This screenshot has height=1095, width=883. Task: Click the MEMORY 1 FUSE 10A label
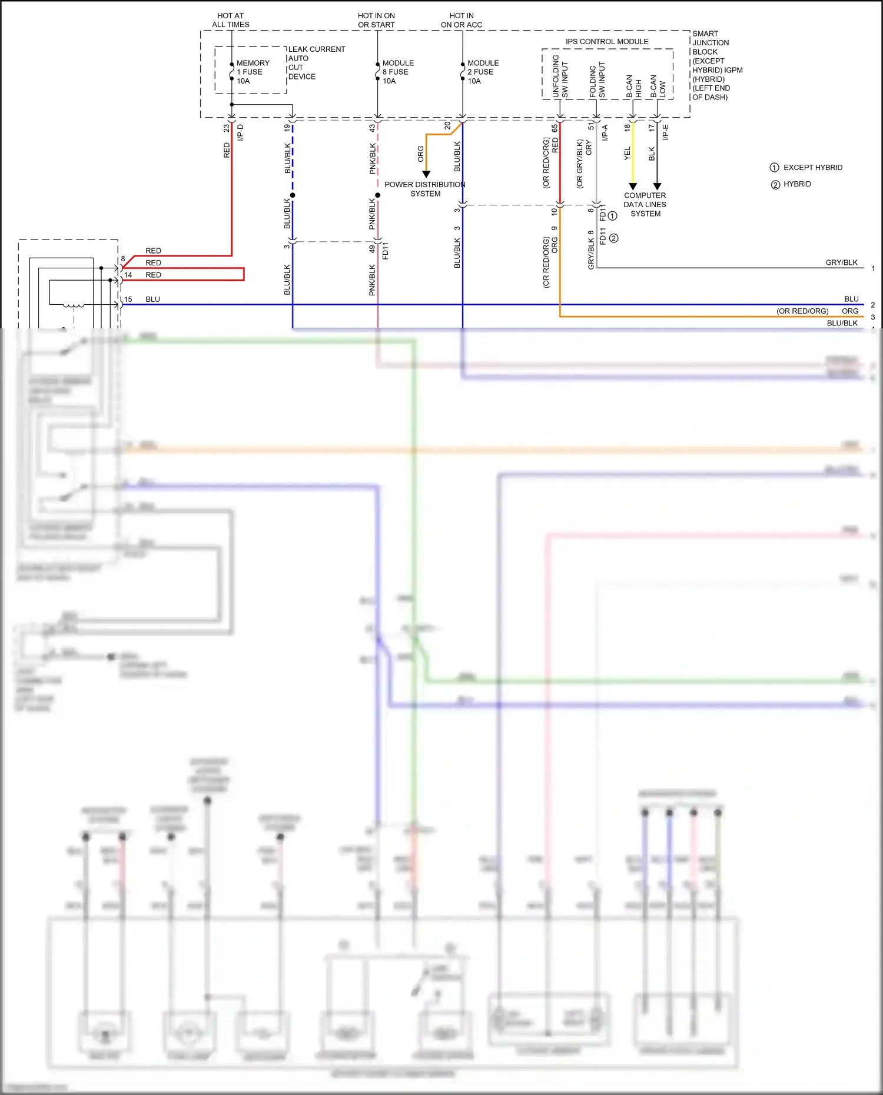pos(253,72)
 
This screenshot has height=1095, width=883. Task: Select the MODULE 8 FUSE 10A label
pos(398,72)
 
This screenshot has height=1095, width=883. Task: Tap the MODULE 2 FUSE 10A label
pos(483,72)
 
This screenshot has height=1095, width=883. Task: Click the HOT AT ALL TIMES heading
pos(231,20)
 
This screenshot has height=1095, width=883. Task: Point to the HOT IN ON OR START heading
pos(376,20)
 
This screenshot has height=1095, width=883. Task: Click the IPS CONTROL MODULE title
pos(607,42)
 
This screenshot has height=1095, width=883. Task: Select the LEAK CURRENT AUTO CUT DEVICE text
pos(316,63)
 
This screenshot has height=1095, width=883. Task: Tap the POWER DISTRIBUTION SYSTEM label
pos(425,189)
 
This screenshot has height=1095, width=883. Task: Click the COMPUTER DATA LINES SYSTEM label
pos(645,204)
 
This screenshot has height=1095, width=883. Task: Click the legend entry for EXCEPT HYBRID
pos(806,168)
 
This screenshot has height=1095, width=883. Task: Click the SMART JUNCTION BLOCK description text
pos(716,65)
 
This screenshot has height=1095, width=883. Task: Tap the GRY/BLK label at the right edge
pos(841,262)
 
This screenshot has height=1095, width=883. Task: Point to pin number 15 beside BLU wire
pos(128,299)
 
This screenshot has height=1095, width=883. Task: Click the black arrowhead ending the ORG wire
pos(426,174)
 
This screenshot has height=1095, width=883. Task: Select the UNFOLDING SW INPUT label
pos(560,76)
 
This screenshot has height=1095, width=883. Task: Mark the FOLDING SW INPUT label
pos(597,81)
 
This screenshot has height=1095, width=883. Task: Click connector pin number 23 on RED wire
pos(227,128)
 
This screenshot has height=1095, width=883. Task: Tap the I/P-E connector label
pos(666,132)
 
